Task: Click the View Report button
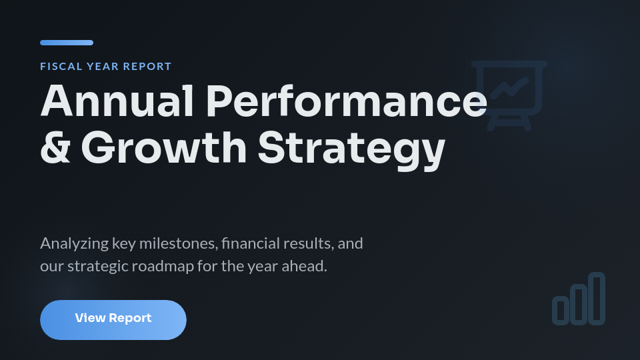point(113,319)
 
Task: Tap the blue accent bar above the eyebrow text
point(67,43)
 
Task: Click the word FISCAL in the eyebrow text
point(61,67)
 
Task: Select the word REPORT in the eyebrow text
point(147,67)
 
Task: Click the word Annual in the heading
point(117,101)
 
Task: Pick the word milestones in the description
point(178,243)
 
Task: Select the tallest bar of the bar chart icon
point(597,299)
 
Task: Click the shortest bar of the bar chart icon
point(561,310)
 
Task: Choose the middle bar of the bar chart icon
point(579,305)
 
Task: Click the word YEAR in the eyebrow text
point(103,67)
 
